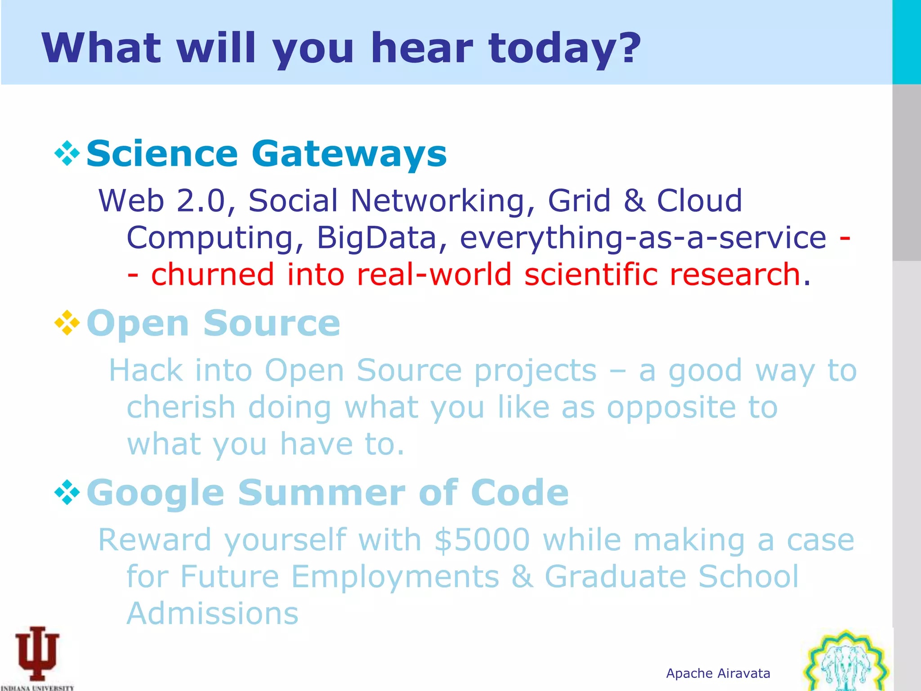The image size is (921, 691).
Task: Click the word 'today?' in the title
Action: click(x=564, y=48)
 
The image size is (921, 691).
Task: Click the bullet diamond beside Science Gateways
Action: click(x=67, y=153)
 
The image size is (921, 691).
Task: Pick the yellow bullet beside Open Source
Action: click(x=67, y=323)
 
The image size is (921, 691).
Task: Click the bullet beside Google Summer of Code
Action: click(x=67, y=492)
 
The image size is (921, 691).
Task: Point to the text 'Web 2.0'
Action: click(x=161, y=201)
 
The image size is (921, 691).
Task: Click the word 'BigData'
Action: click(x=376, y=238)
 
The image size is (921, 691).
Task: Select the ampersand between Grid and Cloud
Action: click(x=634, y=201)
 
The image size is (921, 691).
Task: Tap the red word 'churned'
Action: click(x=212, y=274)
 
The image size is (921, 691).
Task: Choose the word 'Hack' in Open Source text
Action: click(x=146, y=371)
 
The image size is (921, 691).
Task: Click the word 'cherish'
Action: click(x=181, y=408)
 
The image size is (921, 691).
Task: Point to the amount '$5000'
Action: click(x=482, y=540)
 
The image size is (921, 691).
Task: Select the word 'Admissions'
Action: click(x=212, y=614)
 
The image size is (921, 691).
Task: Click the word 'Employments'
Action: click(x=395, y=577)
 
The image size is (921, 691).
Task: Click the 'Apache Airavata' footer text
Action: click(x=718, y=673)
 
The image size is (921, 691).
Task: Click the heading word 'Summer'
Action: click(x=322, y=493)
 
